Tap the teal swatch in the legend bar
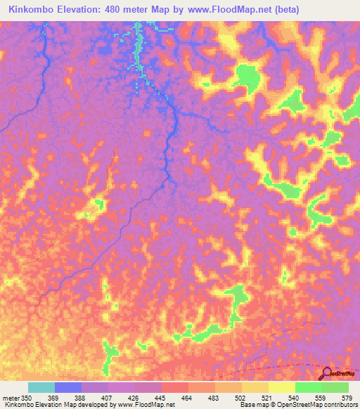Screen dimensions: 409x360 [41, 387]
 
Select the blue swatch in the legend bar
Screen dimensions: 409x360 [68, 387]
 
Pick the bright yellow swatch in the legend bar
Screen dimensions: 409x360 [282, 387]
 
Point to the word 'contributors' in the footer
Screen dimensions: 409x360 [337, 405]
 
